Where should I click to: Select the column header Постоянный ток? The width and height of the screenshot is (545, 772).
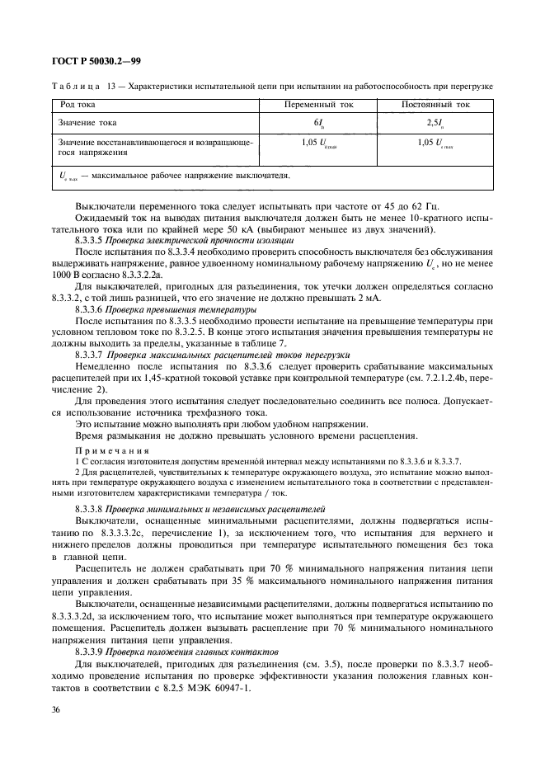(435, 106)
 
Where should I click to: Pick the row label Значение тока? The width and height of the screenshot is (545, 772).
(87, 123)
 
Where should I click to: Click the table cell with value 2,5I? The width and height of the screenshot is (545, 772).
(435, 123)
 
